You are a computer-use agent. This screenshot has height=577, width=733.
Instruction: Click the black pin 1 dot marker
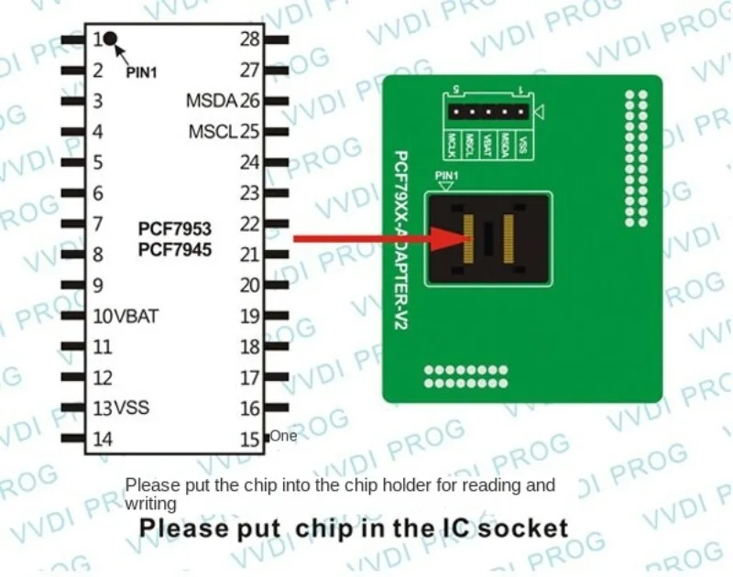point(110,38)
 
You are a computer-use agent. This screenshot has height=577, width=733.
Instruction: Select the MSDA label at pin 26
point(211,100)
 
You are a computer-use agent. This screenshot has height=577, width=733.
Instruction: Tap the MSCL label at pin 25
point(213,131)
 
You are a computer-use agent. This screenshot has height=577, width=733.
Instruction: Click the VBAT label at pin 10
point(137,316)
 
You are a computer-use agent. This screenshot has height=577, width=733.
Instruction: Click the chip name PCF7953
point(174,226)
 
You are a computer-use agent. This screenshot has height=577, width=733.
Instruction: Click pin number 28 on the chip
point(250,39)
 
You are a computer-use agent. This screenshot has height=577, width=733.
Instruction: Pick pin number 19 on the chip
point(250,316)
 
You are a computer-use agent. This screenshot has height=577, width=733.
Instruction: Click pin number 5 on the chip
point(97,162)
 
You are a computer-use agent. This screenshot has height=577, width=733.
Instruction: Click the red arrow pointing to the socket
point(385,239)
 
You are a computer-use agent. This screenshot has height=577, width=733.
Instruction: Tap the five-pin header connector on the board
point(488,113)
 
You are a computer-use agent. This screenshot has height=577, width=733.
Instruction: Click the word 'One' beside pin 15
point(283,436)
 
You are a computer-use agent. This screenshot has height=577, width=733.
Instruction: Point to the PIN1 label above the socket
point(446,176)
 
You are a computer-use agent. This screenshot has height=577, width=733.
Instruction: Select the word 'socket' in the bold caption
point(526,528)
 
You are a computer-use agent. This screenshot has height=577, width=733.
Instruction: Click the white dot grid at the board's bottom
point(465,376)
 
